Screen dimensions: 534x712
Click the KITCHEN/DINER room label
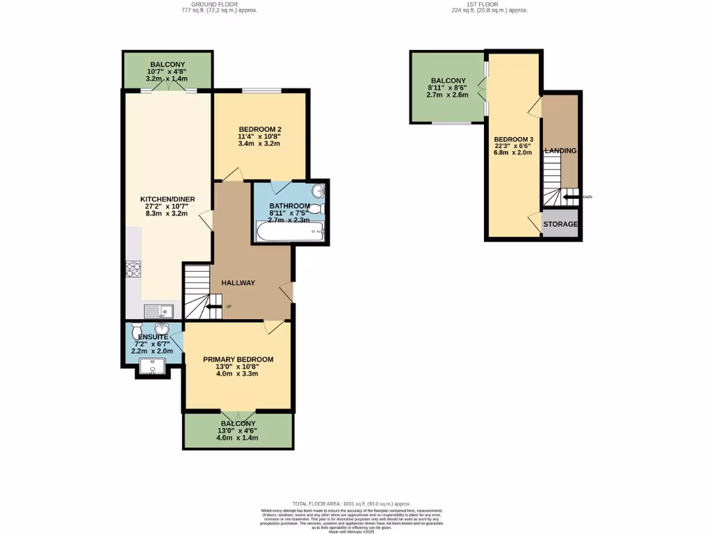tap(168, 199)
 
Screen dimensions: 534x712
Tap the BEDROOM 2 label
tap(259, 129)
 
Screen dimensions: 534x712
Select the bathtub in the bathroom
tap(290, 232)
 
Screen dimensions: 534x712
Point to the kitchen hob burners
tap(133, 269)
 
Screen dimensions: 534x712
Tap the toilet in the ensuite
tap(136, 329)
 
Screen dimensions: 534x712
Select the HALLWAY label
tap(238, 283)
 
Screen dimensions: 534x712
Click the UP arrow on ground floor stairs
tap(213, 306)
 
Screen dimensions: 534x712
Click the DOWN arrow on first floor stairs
tap(572, 197)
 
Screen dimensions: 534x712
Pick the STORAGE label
tap(560, 225)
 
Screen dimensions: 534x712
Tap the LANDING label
tap(560, 151)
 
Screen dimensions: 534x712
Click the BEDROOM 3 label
tap(513, 140)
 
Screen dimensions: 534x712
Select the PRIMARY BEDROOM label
tap(238, 359)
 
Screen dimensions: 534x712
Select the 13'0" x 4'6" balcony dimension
tap(238, 430)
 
